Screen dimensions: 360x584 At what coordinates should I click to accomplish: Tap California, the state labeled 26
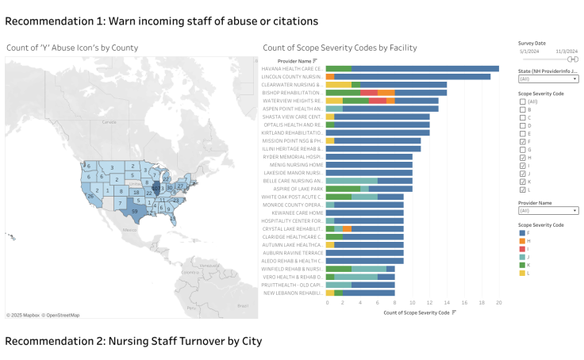point(92,194)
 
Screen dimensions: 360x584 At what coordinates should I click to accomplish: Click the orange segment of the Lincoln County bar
point(330,76)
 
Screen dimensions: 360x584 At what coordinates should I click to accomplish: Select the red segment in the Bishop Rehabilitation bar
point(372,93)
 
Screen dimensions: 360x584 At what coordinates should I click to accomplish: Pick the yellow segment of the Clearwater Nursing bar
point(339,85)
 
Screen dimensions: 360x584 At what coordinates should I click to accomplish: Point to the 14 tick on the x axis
point(447,302)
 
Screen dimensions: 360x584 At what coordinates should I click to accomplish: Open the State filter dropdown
point(548,79)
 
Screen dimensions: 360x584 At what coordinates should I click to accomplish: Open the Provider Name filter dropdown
point(548,211)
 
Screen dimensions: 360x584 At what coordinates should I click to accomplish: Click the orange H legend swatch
point(521,240)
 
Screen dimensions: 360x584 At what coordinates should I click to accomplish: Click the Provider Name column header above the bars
point(295,60)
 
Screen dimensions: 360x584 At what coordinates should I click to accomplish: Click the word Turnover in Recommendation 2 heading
point(184,341)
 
